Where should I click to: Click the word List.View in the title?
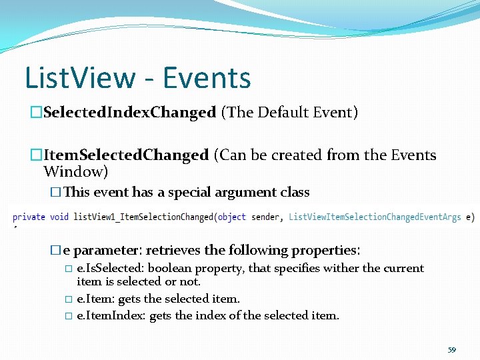79,78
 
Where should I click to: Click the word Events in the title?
207,78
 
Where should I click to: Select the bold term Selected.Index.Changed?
129,113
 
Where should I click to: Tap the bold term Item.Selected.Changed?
126,155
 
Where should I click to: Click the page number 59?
451,349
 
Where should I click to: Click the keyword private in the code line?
29,217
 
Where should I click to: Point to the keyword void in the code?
59,217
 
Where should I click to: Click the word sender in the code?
265,217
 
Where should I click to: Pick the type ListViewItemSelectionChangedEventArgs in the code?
375,217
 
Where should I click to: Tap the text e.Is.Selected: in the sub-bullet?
111,269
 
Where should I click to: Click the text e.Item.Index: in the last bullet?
111,315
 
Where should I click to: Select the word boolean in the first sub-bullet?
170,269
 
